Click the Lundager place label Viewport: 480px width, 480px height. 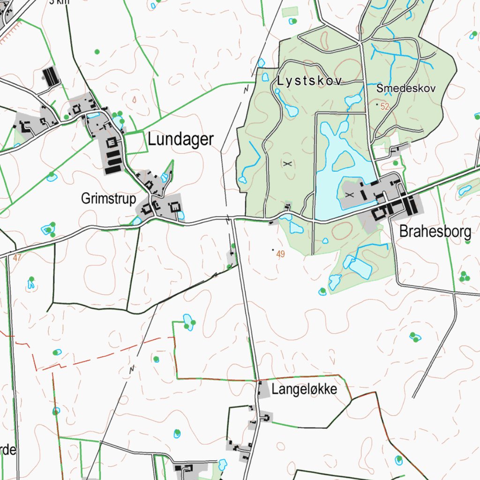click(x=180, y=139)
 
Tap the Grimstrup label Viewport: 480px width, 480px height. click(x=108, y=199)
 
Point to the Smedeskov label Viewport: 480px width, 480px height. click(x=406, y=88)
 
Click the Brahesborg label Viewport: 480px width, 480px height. click(x=435, y=232)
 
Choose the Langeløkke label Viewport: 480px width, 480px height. click(x=304, y=390)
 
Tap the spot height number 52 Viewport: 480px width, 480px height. click(x=385, y=107)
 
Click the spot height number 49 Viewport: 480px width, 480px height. click(x=281, y=255)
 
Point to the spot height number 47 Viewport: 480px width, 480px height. click(x=18, y=257)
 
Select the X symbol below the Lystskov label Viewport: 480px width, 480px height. click(x=287, y=164)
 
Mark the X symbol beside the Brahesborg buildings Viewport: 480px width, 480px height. click(x=348, y=194)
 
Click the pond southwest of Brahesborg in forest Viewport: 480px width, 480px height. click(x=360, y=267)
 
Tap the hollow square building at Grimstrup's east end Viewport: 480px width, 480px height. click(x=175, y=206)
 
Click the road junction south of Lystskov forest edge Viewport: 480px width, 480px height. click(x=233, y=218)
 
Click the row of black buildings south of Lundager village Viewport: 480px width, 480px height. click(x=113, y=161)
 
